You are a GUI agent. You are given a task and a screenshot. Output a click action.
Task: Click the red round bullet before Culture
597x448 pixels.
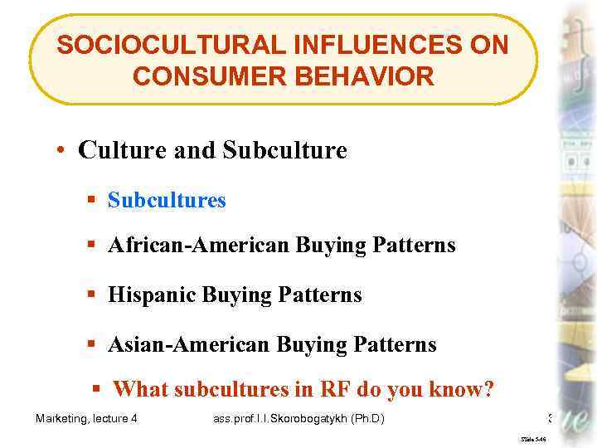tap(61, 151)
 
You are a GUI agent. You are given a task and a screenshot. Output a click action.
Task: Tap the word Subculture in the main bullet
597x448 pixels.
tap(284, 150)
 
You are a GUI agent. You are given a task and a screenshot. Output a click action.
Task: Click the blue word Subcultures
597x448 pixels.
tap(167, 200)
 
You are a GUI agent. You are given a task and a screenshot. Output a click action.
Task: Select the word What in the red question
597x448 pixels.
tap(137, 388)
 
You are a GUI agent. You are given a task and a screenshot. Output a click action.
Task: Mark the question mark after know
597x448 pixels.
tap(488, 388)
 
